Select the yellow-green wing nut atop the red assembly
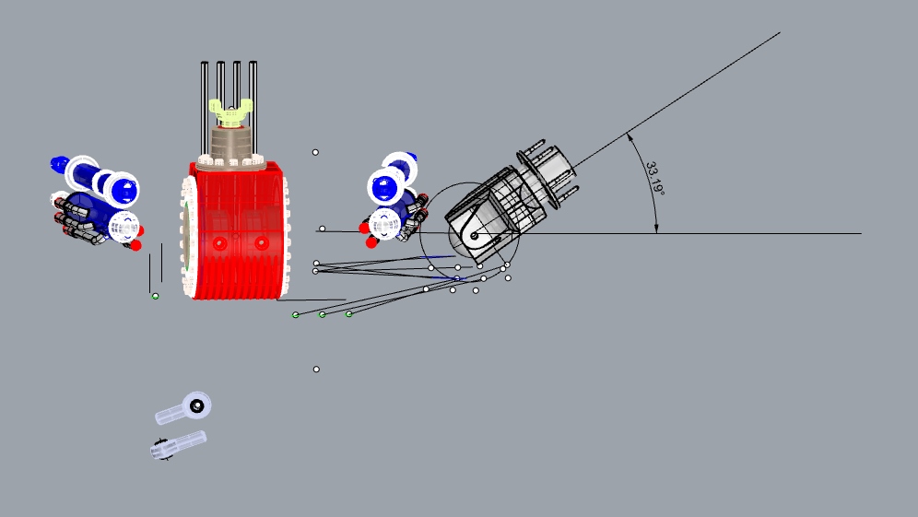click(230, 112)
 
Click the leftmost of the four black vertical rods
click(205, 101)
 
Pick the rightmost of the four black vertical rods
click(253, 101)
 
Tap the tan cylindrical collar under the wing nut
click(230, 143)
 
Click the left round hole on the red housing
click(218, 243)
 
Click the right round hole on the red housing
click(262, 243)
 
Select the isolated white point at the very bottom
click(316, 370)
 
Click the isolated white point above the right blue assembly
click(315, 152)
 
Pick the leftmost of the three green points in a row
click(296, 315)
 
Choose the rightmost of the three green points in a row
click(349, 314)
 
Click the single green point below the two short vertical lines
click(155, 296)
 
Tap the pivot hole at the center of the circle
click(474, 236)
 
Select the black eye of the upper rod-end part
click(195, 404)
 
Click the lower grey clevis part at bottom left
click(178, 443)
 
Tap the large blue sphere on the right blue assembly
click(385, 188)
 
